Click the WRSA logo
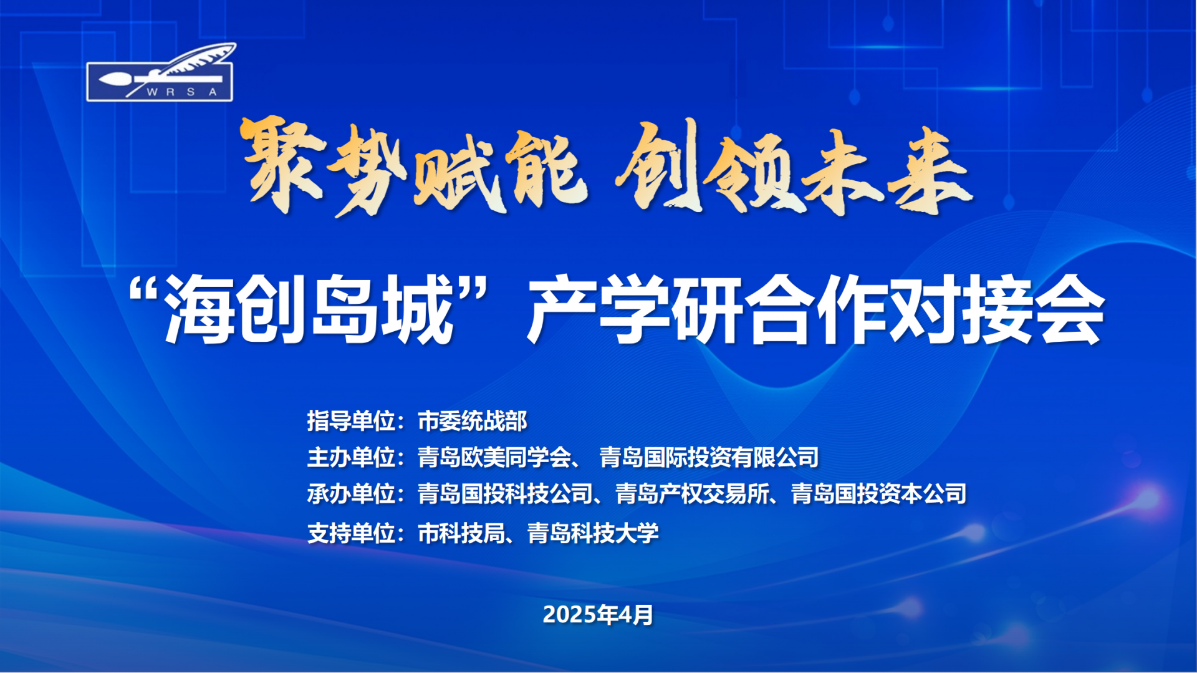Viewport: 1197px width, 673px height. (x=160, y=72)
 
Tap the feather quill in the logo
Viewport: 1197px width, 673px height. (x=187, y=65)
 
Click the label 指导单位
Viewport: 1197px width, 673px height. (x=351, y=421)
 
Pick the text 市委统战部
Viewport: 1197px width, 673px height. (x=473, y=421)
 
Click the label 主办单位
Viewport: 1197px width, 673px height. (x=351, y=457)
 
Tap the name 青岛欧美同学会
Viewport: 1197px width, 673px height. (x=494, y=457)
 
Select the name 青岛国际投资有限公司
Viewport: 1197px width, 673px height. (x=709, y=457)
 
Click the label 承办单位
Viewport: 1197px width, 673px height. (x=351, y=494)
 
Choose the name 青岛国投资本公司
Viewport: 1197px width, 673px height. (x=879, y=494)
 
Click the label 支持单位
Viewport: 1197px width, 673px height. (x=351, y=533)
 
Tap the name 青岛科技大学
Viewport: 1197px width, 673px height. (x=593, y=533)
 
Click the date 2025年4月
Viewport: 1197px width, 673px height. (x=598, y=615)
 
